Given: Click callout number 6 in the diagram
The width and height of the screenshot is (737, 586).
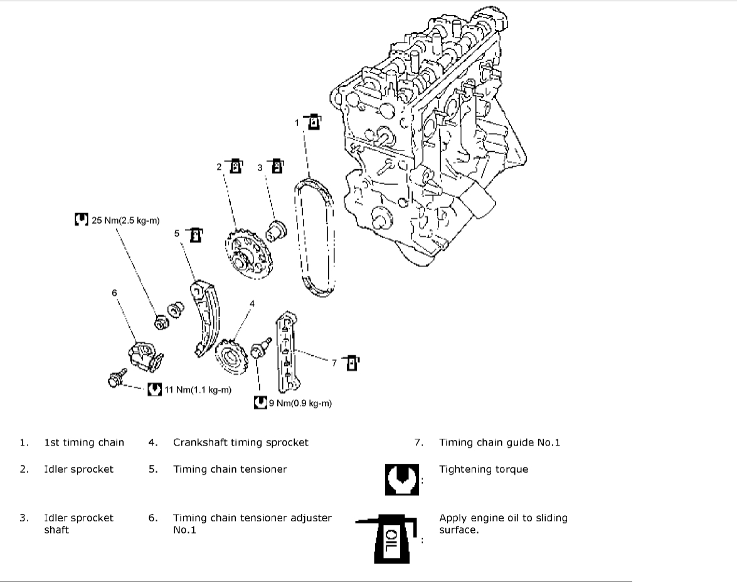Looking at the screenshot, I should pos(115,292).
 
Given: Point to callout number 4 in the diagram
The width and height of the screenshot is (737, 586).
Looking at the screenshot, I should pos(252,304).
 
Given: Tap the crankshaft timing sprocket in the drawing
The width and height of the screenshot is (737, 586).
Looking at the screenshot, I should pos(230,357).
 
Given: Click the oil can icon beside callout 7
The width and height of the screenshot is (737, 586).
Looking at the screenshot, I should pos(353,362).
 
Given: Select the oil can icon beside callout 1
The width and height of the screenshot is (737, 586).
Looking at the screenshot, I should pos(314,122).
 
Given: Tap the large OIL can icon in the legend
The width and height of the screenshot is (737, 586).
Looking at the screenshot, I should pos(388,537).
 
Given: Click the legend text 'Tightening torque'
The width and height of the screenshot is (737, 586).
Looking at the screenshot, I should pos(484,469).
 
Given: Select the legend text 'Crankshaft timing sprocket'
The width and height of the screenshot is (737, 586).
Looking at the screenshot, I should pos(241,442).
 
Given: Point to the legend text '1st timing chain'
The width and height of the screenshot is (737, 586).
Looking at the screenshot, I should pos(84,442).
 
